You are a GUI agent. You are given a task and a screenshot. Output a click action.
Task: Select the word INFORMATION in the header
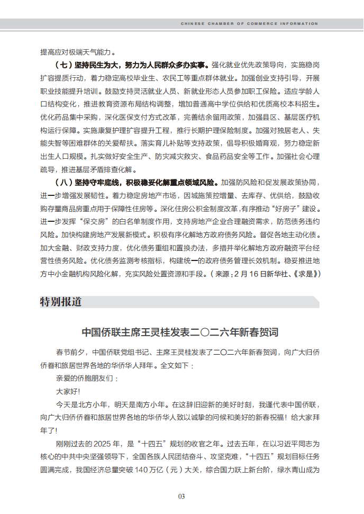[x=302, y=24]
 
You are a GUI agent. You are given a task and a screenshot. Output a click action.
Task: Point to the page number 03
[x=181, y=496]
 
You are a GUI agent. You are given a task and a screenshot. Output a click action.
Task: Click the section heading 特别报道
[x=61, y=302]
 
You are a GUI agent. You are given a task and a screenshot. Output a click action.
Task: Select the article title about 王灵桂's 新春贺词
[x=180, y=332]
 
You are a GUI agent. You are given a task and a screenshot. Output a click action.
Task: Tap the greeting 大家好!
[x=68, y=391]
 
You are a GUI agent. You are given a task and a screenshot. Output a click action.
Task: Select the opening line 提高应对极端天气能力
[x=78, y=52]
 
